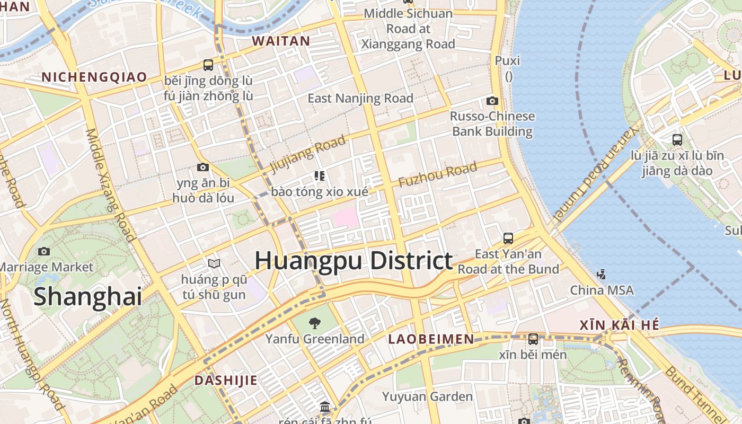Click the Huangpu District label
pos(354,261)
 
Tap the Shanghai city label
pos(88,296)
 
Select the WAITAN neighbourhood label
pos(281,41)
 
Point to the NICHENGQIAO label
pos(94,77)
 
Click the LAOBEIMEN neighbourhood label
pos(431,339)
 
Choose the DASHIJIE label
pos(226,380)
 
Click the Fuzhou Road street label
pos(438,175)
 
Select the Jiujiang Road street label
pos(308,154)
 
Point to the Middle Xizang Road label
pos(110,185)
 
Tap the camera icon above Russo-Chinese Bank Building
pos(492,101)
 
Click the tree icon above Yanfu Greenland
pos(315,322)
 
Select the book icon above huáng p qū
pos(214,263)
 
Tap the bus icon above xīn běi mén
pos(533,339)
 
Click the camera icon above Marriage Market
pos(44,251)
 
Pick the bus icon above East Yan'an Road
pos(508,238)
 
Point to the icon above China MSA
pos(601,274)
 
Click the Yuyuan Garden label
pos(427,396)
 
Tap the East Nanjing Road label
pos(360,98)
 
